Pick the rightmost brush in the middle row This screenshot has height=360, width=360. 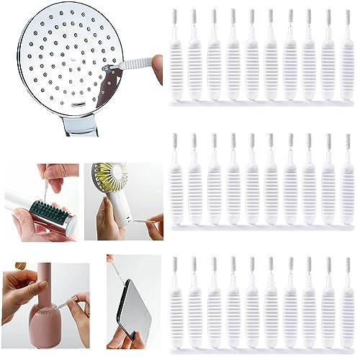[346, 184]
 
